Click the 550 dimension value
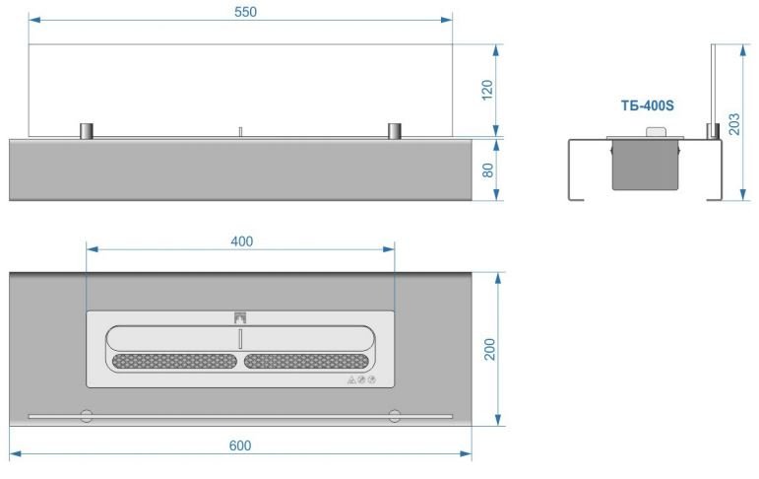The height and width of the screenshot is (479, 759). pos(245,12)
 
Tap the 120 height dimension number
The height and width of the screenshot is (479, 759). pos(487,90)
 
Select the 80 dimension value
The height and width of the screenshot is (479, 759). pos(487,171)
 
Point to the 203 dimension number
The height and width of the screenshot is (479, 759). pos(733,123)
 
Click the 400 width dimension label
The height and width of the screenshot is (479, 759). pos(241,240)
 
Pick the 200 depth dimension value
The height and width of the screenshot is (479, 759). pos(489,349)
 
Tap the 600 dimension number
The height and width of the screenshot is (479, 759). pos(240,445)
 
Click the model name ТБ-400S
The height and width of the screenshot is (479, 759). pos(647,105)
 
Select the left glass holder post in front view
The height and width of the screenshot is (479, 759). pos(87,131)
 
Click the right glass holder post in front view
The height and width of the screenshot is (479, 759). pos(395,131)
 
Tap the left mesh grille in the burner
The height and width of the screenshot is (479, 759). pos(175,361)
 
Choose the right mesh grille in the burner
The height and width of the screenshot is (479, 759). pos(306,361)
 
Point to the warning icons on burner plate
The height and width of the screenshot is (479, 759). pos(361,380)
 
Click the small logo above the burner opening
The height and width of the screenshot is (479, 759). pos(240,317)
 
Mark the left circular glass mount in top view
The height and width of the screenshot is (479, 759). pos(87,416)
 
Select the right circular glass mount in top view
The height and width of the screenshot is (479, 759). pos(395,416)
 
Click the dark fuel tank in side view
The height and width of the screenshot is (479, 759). pos(645,165)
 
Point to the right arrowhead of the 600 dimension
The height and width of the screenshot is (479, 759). pos(466,453)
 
